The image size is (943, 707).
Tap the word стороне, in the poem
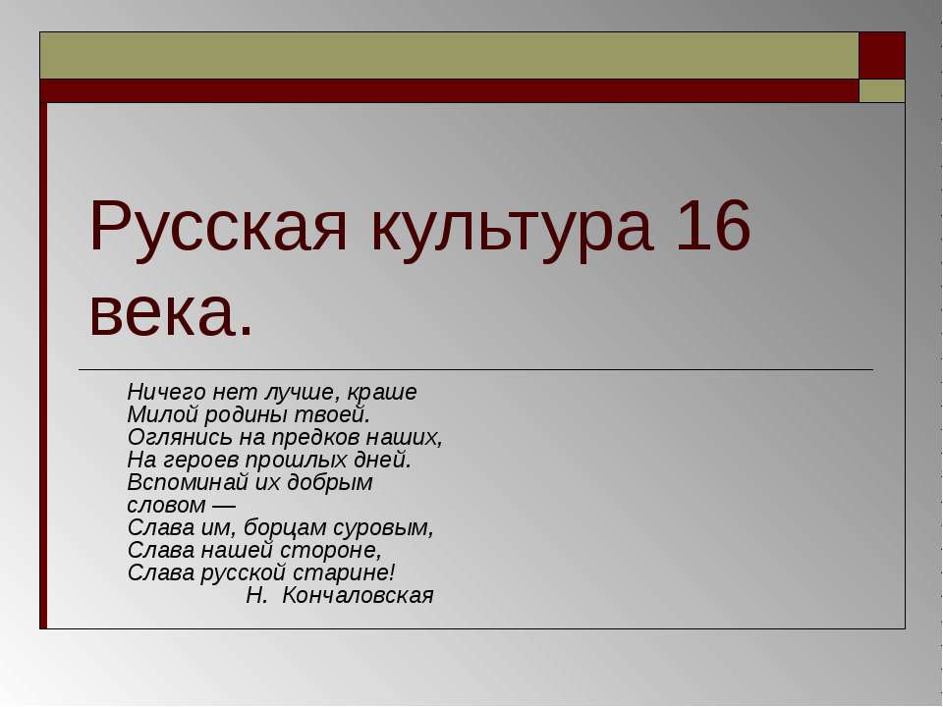pyautogui.click(x=330, y=550)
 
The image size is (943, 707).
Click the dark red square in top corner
pyautogui.click(x=882, y=55)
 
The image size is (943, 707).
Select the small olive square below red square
pyautogui.click(x=882, y=91)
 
